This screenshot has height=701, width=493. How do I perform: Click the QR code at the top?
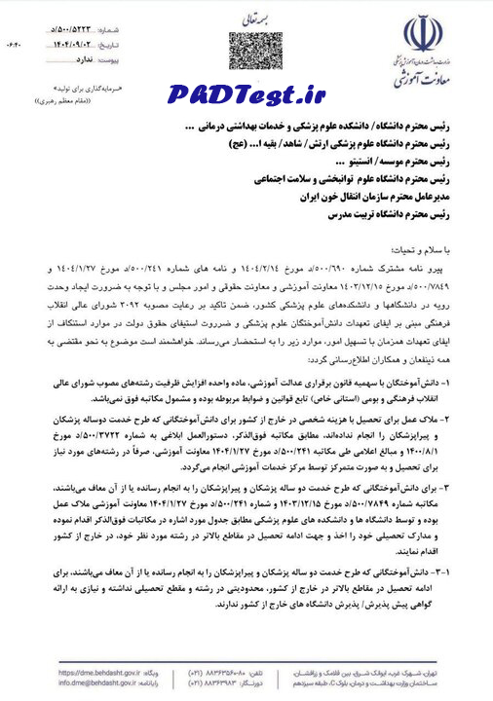pyautogui.click(x=246, y=51)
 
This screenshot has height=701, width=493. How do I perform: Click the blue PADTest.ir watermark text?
pyautogui.click(x=246, y=95)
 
